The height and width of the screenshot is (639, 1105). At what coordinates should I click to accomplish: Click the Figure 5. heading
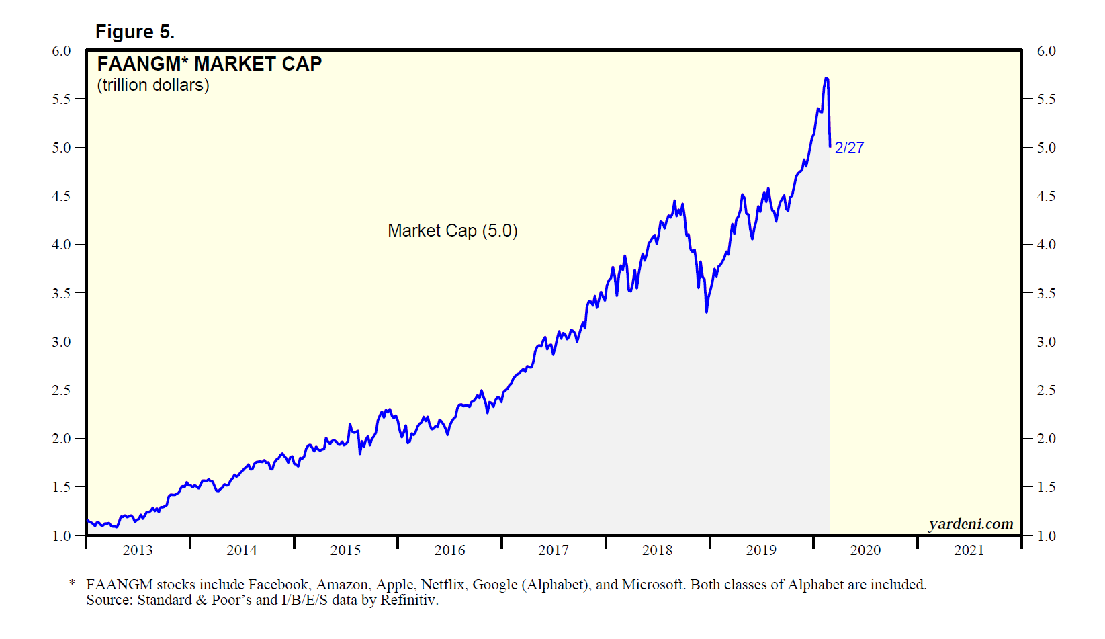tap(135, 32)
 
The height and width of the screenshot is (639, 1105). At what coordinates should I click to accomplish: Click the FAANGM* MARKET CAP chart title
tap(209, 64)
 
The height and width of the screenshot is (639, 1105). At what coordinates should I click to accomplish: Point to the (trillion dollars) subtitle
tap(153, 85)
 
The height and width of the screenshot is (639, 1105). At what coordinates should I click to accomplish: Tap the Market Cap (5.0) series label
tap(452, 230)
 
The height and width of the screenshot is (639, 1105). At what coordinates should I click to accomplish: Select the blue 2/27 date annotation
tap(849, 148)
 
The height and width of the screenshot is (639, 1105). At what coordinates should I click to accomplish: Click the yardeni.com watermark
tap(971, 524)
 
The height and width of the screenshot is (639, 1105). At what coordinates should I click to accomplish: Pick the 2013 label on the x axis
tap(138, 550)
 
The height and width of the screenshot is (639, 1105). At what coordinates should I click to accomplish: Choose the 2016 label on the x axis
tap(449, 550)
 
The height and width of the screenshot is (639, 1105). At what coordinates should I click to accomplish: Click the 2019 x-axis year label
tap(761, 550)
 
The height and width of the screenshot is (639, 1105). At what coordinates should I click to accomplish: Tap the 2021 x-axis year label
tap(969, 550)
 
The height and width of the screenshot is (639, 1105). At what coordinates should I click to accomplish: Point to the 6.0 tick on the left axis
tap(61, 51)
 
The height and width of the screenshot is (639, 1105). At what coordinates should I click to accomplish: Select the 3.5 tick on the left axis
tap(61, 294)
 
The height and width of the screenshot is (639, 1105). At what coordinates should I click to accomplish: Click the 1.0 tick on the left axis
tap(61, 536)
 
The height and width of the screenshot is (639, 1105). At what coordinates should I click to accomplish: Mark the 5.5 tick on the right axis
tap(1046, 99)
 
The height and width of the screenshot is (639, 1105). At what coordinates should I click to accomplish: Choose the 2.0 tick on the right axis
tap(1046, 439)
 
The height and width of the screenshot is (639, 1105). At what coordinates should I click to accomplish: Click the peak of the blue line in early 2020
tap(826, 78)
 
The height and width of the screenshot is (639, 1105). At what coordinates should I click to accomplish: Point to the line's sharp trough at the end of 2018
tap(707, 312)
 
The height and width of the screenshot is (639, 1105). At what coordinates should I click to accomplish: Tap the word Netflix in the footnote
tap(442, 585)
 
